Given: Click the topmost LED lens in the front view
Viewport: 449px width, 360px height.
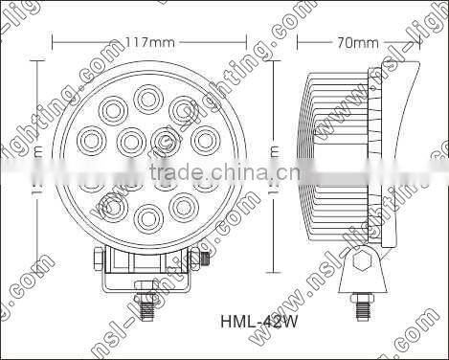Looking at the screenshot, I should (147, 98).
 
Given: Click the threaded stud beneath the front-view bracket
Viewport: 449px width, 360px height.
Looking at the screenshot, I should (147, 309).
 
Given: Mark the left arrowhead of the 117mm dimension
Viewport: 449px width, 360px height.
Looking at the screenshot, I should (56, 43).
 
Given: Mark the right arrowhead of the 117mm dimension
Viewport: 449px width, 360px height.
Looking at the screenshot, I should (240, 43).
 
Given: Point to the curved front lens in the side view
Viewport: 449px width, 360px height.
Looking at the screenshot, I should (396, 153).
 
